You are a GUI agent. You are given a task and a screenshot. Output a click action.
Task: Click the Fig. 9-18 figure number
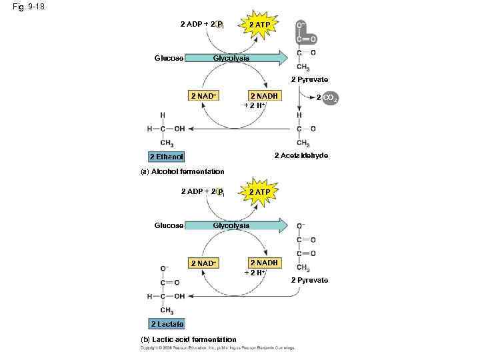27,7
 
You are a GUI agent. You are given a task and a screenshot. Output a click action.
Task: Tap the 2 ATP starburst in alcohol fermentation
259,25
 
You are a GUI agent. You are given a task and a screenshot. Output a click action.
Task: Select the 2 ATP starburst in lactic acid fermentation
259,192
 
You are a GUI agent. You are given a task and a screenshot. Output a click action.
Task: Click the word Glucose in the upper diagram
169,58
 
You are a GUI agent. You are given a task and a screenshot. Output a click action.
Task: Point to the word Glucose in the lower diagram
169,225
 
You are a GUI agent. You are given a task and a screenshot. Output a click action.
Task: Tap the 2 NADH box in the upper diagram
264,96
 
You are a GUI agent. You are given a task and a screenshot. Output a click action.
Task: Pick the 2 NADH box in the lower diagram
264,263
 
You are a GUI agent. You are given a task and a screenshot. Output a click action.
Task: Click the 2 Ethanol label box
166,157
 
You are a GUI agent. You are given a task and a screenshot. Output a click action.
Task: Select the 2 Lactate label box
167,324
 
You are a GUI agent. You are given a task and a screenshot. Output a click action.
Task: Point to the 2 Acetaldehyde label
301,155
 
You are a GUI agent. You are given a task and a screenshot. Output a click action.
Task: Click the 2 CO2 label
327,98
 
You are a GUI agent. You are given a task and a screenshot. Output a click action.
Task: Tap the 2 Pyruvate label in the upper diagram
309,80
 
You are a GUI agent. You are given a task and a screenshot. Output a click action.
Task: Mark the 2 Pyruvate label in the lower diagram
309,280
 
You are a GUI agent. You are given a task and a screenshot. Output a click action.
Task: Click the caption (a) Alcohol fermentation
182,171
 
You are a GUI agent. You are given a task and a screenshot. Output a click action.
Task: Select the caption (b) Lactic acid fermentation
189,339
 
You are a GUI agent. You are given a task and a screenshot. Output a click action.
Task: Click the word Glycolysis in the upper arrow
231,58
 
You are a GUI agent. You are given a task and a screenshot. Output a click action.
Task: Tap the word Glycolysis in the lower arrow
231,225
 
